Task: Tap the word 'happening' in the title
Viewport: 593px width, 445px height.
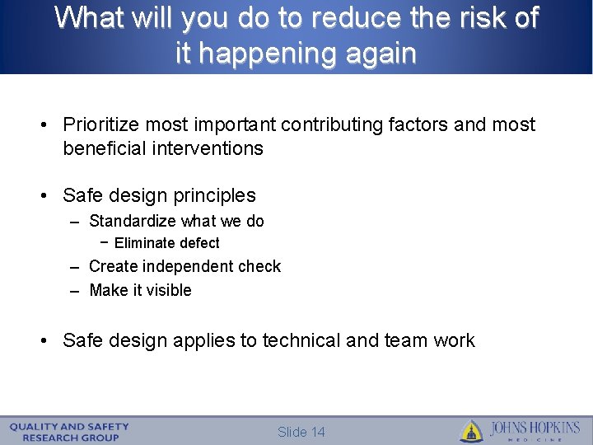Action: pos(263,54)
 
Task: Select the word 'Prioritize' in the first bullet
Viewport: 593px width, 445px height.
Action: pos(101,124)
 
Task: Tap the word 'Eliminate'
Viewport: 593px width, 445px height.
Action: pos(145,243)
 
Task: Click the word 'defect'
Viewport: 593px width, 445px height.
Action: pos(199,243)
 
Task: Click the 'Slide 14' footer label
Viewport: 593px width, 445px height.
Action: pos(301,433)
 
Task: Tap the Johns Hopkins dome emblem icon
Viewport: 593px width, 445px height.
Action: pos(471,431)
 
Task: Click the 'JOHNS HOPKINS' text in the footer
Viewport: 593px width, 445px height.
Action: pos(535,429)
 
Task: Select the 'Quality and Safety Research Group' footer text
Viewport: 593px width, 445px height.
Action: pos(70,432)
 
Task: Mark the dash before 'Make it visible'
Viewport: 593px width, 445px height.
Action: pos(74,290)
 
